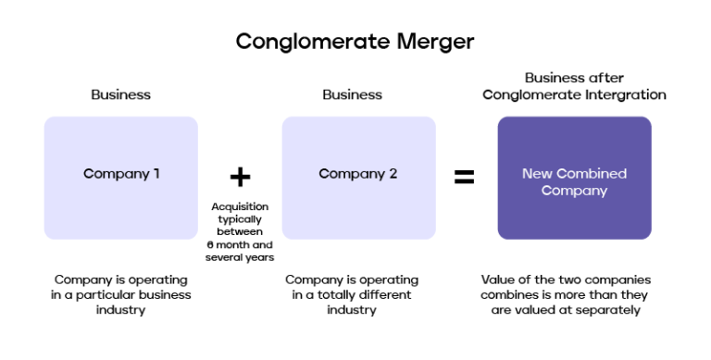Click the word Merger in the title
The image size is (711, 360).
click(431, 42)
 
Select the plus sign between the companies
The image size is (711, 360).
click(240, 177)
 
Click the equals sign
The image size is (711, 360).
click(464, 177)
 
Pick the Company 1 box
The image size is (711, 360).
click(121, 177)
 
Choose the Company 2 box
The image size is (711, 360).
click(358, 177)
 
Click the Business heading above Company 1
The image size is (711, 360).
click(120, 95)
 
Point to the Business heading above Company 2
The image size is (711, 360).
click(353, 95)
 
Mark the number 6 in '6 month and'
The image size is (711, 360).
click(209, 243)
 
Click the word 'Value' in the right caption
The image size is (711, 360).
click(500, 279)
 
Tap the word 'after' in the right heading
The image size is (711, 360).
click(605, 79)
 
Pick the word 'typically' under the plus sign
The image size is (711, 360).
click(241, 219)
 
